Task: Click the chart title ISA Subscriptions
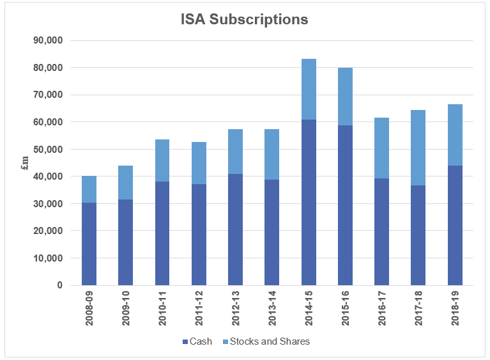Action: [x=245, y=19]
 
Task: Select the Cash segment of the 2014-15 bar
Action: [x=309, y=202]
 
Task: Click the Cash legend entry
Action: [x=197, y=341]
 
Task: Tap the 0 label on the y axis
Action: [x=58, y=285]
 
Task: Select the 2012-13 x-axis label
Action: [x=236, y=309]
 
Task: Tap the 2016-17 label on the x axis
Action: [x=382, y=309]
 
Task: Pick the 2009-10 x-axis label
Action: [x=126, y=309]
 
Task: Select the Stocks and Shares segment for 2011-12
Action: [x=199, y=163]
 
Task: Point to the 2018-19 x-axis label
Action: [x=456, y=309]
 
